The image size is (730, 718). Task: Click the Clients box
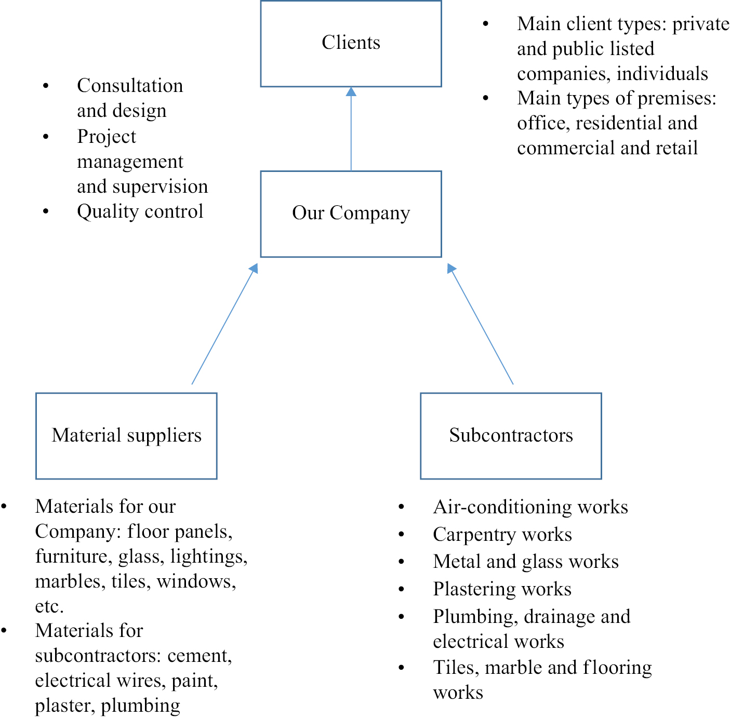pyautogui.click(x=351, y=44)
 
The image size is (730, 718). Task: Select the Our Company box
pyautogui.click(x=351, y=214)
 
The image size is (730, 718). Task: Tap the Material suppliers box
pyautogui.click(x=126, y=435)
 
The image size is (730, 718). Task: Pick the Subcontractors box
pyautogui.click(x=511, y=435)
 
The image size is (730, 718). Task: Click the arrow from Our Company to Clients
pyautogui.click(x=351, y=130)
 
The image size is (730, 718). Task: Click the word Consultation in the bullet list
pyautogui.click(x=130, y=86)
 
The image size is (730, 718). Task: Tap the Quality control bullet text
pyautogui.click(x=140, y=211)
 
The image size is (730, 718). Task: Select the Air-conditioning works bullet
pyautogui.click(x=530, y=507)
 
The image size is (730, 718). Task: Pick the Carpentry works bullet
pyautogui.click(x=502, y=535)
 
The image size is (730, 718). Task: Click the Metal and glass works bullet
pyautogui.click(x=526, y=562)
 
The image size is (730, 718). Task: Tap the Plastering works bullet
pyautogui.click(x=502, y=589)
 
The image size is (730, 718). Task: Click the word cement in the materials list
pyautogui.click(x=200, y=656)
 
